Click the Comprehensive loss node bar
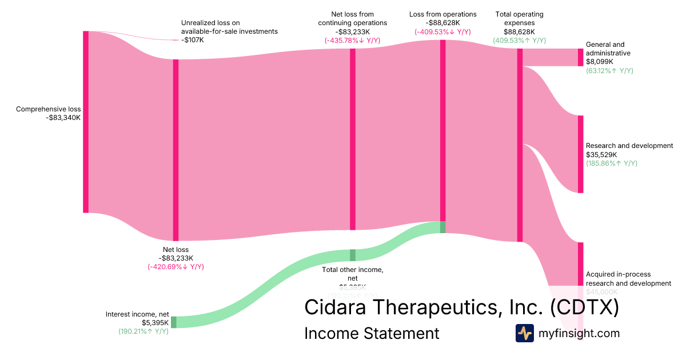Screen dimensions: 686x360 coord(86,122)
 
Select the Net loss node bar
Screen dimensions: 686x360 coord(176,150)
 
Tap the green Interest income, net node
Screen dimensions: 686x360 coord(174,322)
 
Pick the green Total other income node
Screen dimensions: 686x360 coord(353,255)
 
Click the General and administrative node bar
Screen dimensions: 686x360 coord(580,57)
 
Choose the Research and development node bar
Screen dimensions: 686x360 coord(580,154)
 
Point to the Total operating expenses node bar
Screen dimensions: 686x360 coord(520,145)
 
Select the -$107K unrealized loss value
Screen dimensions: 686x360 coord(193,40)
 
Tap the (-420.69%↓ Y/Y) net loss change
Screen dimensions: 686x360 coord(176,267)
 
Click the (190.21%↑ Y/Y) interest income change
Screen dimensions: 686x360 coord(143,331)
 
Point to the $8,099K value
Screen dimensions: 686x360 coord(600,62)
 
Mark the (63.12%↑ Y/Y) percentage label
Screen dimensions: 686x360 coord(609,70)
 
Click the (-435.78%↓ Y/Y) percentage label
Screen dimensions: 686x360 coord(352,41)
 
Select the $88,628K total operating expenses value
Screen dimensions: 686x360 coord(519,32)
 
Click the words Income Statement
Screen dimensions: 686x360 coord(372,333)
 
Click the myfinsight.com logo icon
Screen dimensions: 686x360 coord(524,333)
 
